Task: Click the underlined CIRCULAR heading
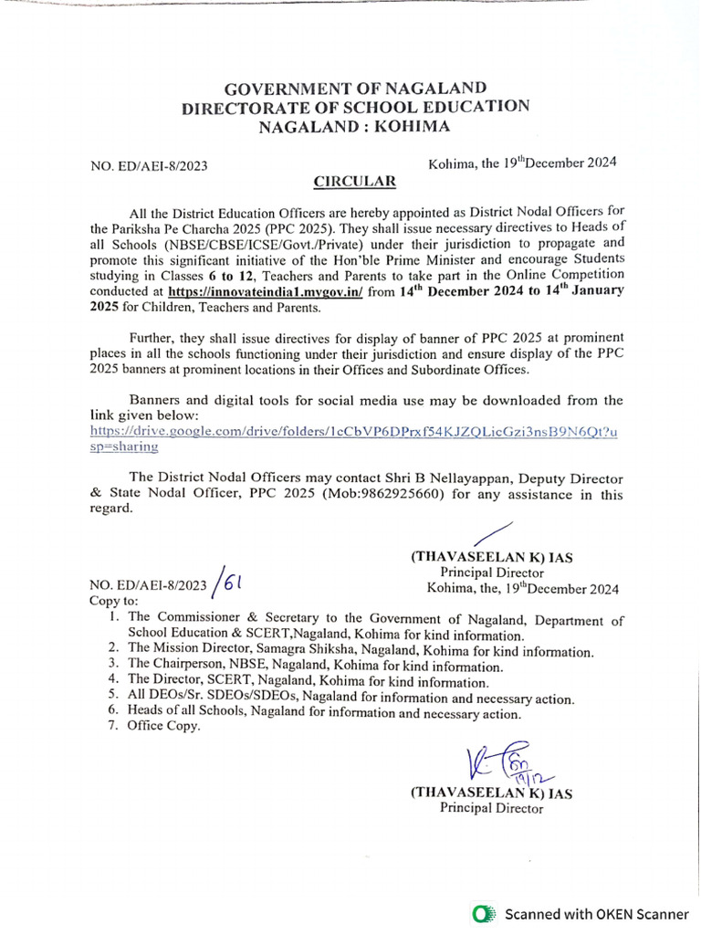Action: coord(355,182)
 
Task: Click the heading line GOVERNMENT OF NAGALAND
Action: coord(356,89)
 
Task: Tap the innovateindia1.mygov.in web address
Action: coord(266,291)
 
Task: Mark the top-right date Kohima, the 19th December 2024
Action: coord(522,163)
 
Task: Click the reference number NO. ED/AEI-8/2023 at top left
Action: coord(150,165)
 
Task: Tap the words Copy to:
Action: coord(113,602)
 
